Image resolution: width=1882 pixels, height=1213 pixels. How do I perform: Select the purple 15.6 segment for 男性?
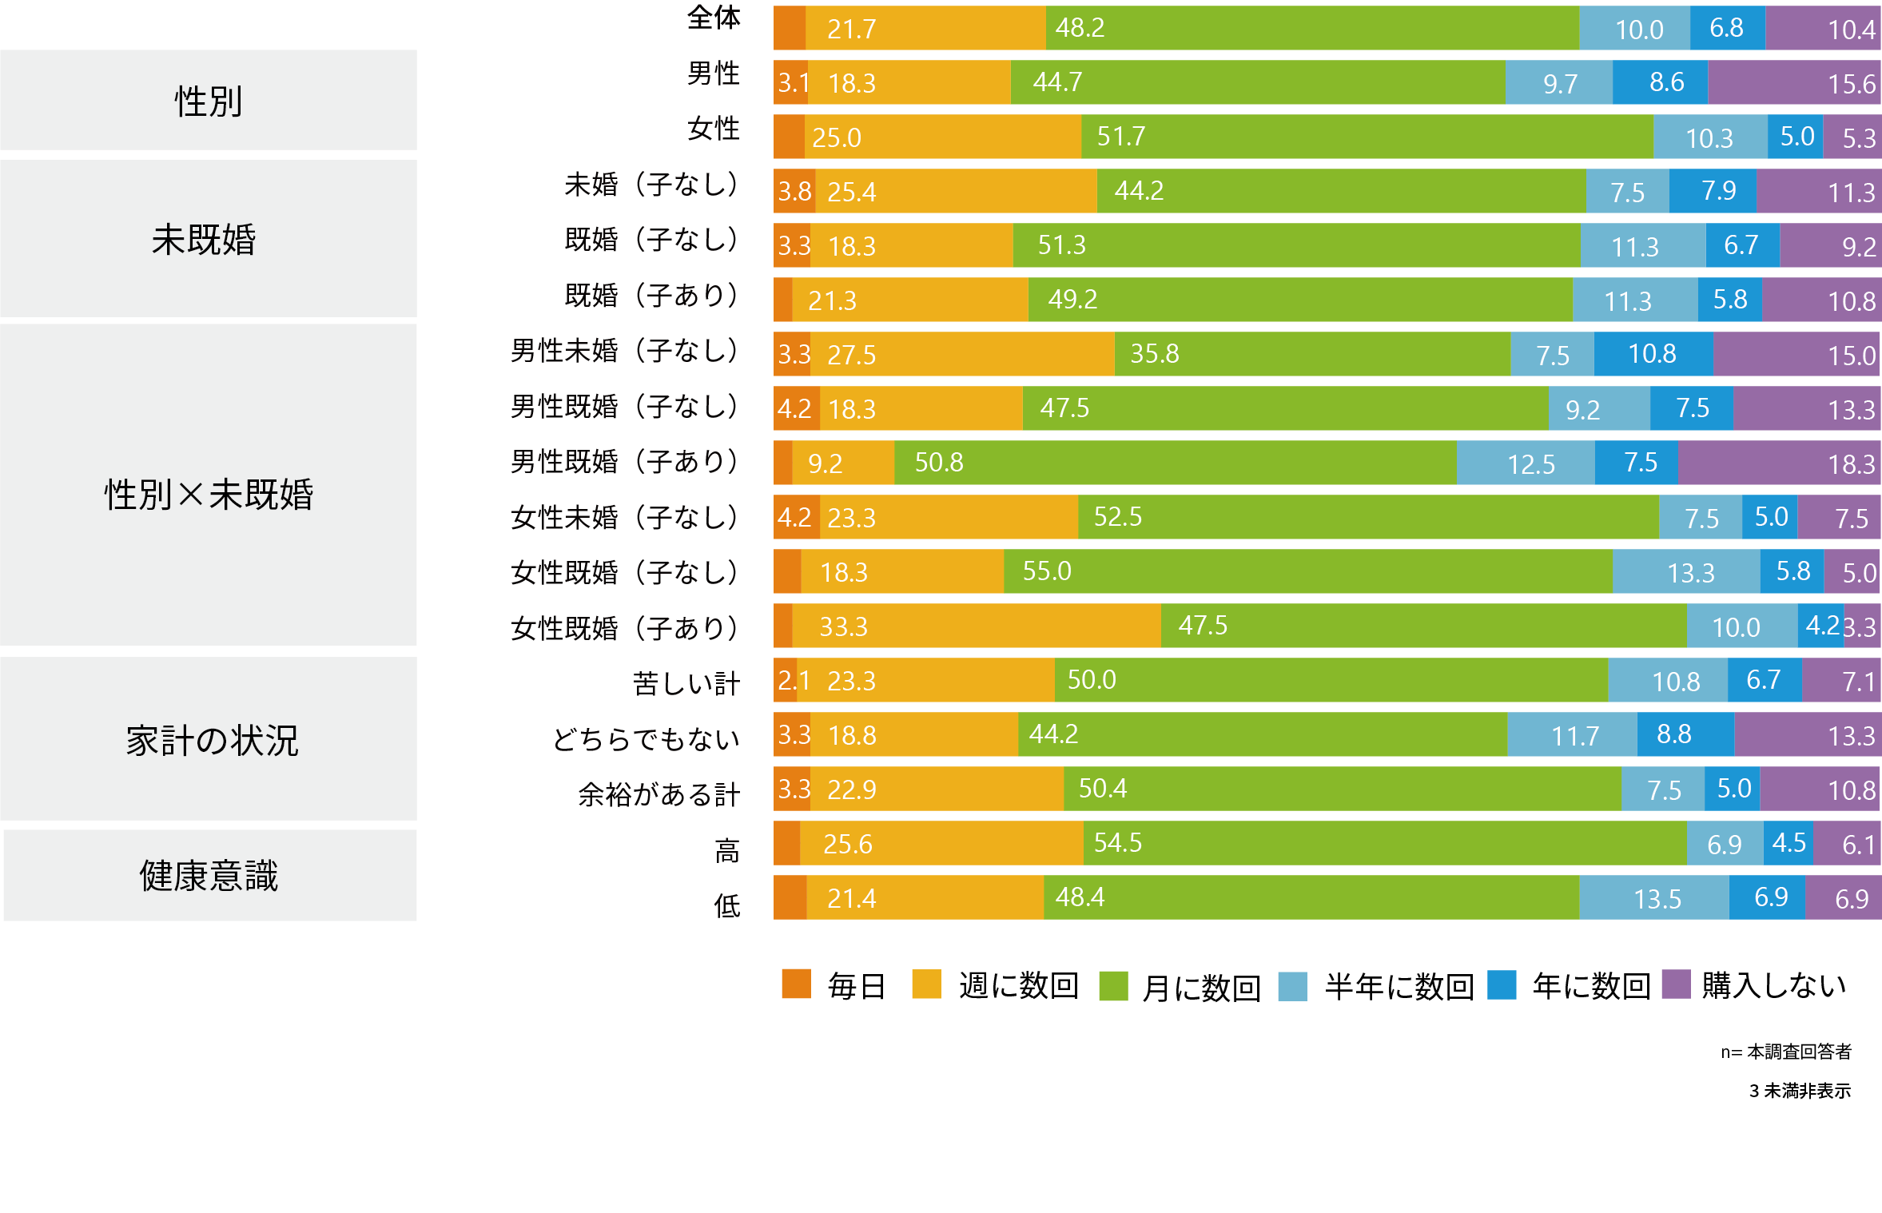tap(1794, 82)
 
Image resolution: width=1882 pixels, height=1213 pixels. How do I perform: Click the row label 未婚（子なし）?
tap(651, 185)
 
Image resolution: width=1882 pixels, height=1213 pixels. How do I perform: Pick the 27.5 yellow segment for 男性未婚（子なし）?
tap(962, 354)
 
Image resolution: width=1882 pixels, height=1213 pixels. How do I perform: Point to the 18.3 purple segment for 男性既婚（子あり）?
tap(1779, 463)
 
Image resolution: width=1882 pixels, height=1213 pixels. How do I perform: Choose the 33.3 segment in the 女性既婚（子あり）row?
tap(976, 626)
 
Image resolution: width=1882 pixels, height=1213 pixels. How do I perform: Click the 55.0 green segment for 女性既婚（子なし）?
tap(1307, 571)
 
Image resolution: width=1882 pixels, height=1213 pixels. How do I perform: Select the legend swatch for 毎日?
tap(796, 984)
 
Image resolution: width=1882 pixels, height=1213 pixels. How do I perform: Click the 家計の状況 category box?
tap(209, 738)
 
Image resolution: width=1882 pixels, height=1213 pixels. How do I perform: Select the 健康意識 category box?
tap(209, 875)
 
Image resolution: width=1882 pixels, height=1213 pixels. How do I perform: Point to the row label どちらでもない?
tap(646, 739)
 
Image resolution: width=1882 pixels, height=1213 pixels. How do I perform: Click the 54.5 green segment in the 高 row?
tap(1385, 843)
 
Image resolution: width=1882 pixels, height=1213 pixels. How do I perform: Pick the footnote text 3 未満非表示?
tap(1799, 1091)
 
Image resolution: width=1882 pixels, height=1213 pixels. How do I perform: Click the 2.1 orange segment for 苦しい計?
tap(786, 680)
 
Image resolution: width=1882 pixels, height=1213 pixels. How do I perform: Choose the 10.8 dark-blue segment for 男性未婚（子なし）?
tap(1653, 354)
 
